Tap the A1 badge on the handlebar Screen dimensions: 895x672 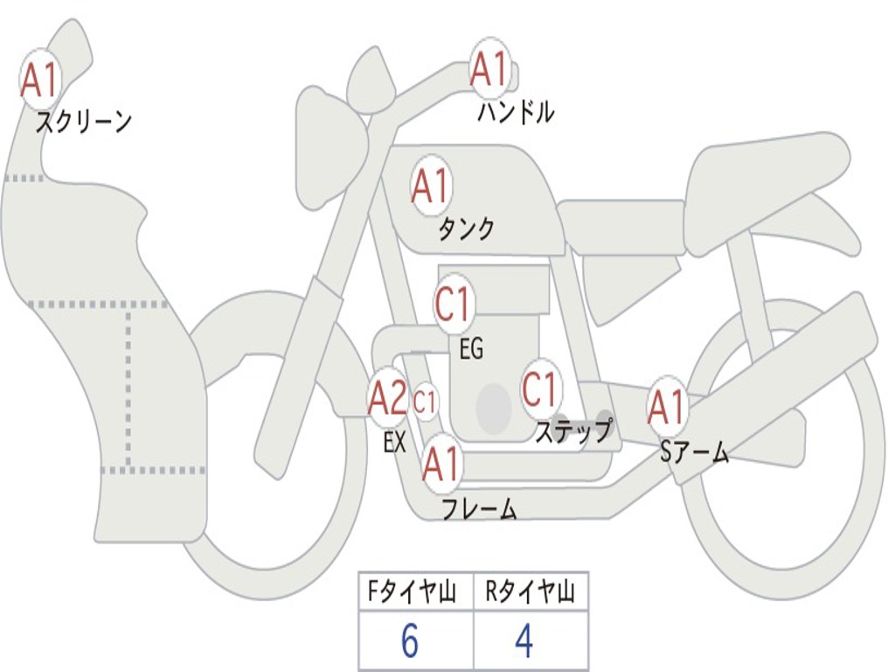(489, 70)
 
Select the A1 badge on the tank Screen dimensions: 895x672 (430, 185)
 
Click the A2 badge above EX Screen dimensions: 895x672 (387, 399)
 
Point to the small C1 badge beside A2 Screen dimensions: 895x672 (425, 402)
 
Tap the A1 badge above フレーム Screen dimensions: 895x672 (441, 463)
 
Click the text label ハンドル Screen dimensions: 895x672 (516, 112)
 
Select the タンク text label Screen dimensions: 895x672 (466, 228)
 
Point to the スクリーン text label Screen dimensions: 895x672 (83, 122)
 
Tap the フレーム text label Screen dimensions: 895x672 (479, 508)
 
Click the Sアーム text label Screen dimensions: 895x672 (694, 451)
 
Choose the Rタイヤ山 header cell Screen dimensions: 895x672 (530, 592)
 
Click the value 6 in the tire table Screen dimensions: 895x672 (410, 642)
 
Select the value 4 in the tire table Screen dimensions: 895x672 (524, 642)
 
